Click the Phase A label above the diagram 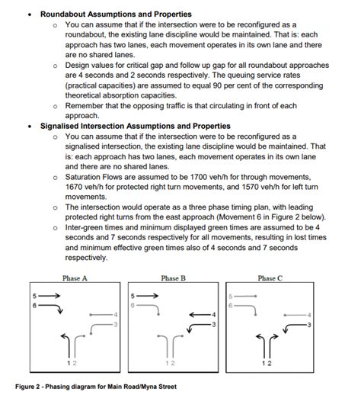coord(75,278)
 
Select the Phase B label coord(173,278)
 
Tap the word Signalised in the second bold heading coord(62,126)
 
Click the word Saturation coord(85,176)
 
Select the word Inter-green coord(86,226)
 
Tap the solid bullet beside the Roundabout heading coord(29,14)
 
